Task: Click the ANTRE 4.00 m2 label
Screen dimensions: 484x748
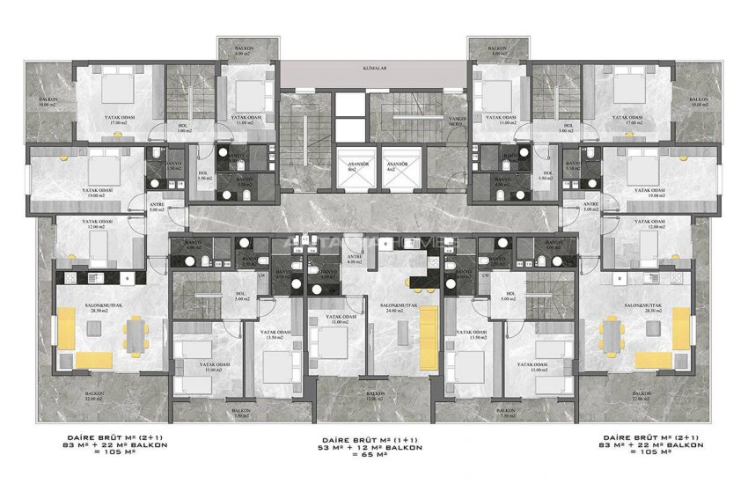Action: coord(355,259)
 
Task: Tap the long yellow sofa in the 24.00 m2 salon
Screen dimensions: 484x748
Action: coord(426,338)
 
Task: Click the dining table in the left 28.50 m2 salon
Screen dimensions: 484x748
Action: coord(134,333)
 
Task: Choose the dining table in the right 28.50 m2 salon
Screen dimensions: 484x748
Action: coord(614,333)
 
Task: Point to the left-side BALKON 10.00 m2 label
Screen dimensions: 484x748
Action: coord(48,102)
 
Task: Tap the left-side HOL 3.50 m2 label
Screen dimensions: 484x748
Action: coord(202,176)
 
